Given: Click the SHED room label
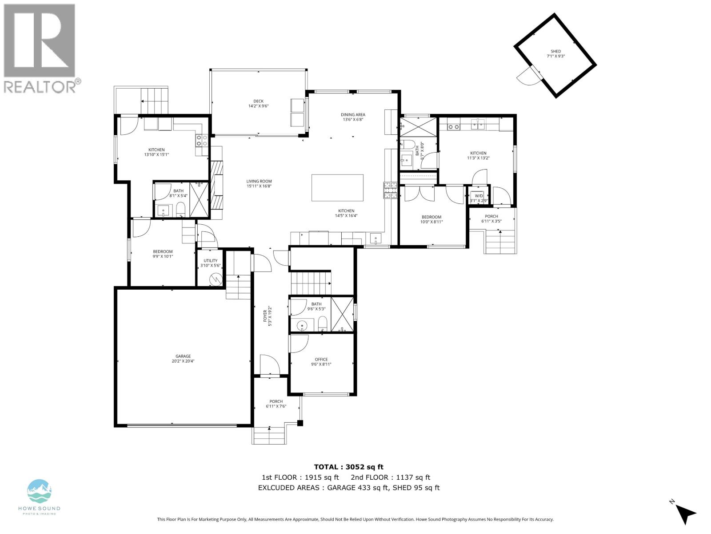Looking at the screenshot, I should click(555, 54).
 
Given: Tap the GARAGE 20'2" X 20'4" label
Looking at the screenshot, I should click(183, 359).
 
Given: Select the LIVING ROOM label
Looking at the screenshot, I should click(259, 183).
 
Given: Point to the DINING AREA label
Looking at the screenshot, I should click(353, 117).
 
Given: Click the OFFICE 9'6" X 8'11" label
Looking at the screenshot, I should click(321, 362).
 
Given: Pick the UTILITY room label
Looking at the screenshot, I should click(211, 263).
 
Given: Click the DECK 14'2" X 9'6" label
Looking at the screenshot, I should click(259, 104).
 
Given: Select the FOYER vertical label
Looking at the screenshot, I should click(267, 316).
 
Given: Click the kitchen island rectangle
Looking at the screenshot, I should click(337, 188).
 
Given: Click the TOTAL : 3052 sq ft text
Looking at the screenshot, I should click(348, 467).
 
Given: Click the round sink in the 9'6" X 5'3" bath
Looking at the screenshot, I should click(302, 325).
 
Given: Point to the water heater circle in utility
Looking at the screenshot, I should click(216, 280).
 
